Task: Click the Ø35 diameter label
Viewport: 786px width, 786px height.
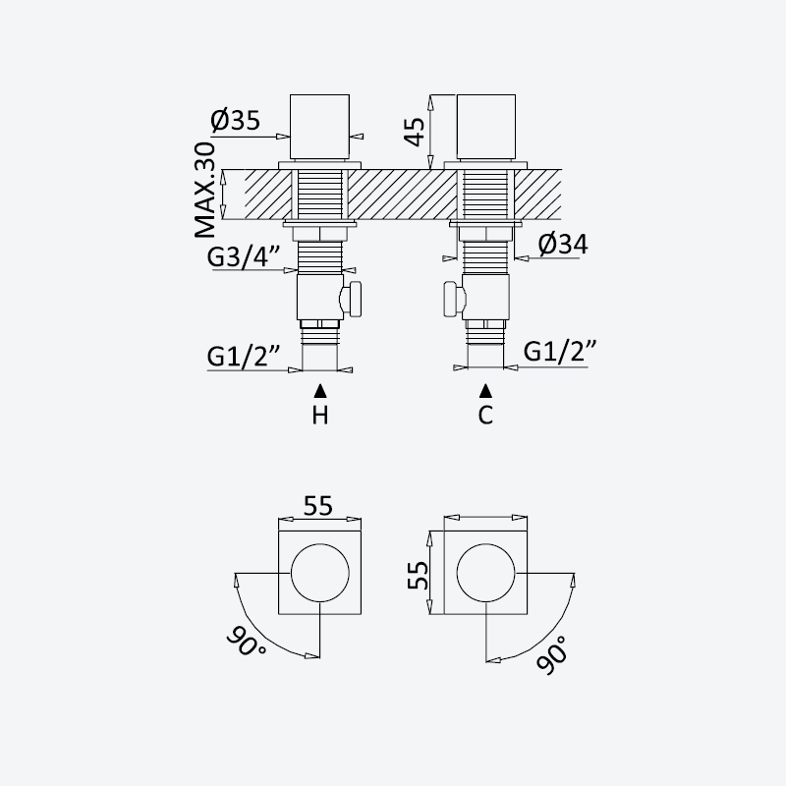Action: [235, 120]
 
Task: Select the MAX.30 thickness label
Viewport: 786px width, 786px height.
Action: [205, 191]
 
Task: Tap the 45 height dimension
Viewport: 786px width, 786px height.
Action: [415, 132]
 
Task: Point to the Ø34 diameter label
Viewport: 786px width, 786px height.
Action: [563, 244]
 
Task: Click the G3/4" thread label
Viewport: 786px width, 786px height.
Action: [244, 257]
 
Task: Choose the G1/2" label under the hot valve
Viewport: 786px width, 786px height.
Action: [244, 357]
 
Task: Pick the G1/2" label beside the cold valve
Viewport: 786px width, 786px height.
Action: [560, 352]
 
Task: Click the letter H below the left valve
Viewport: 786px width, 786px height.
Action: [320, 416]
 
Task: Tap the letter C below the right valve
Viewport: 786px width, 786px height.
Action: [485, 415]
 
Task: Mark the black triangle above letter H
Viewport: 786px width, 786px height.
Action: [320, 391]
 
